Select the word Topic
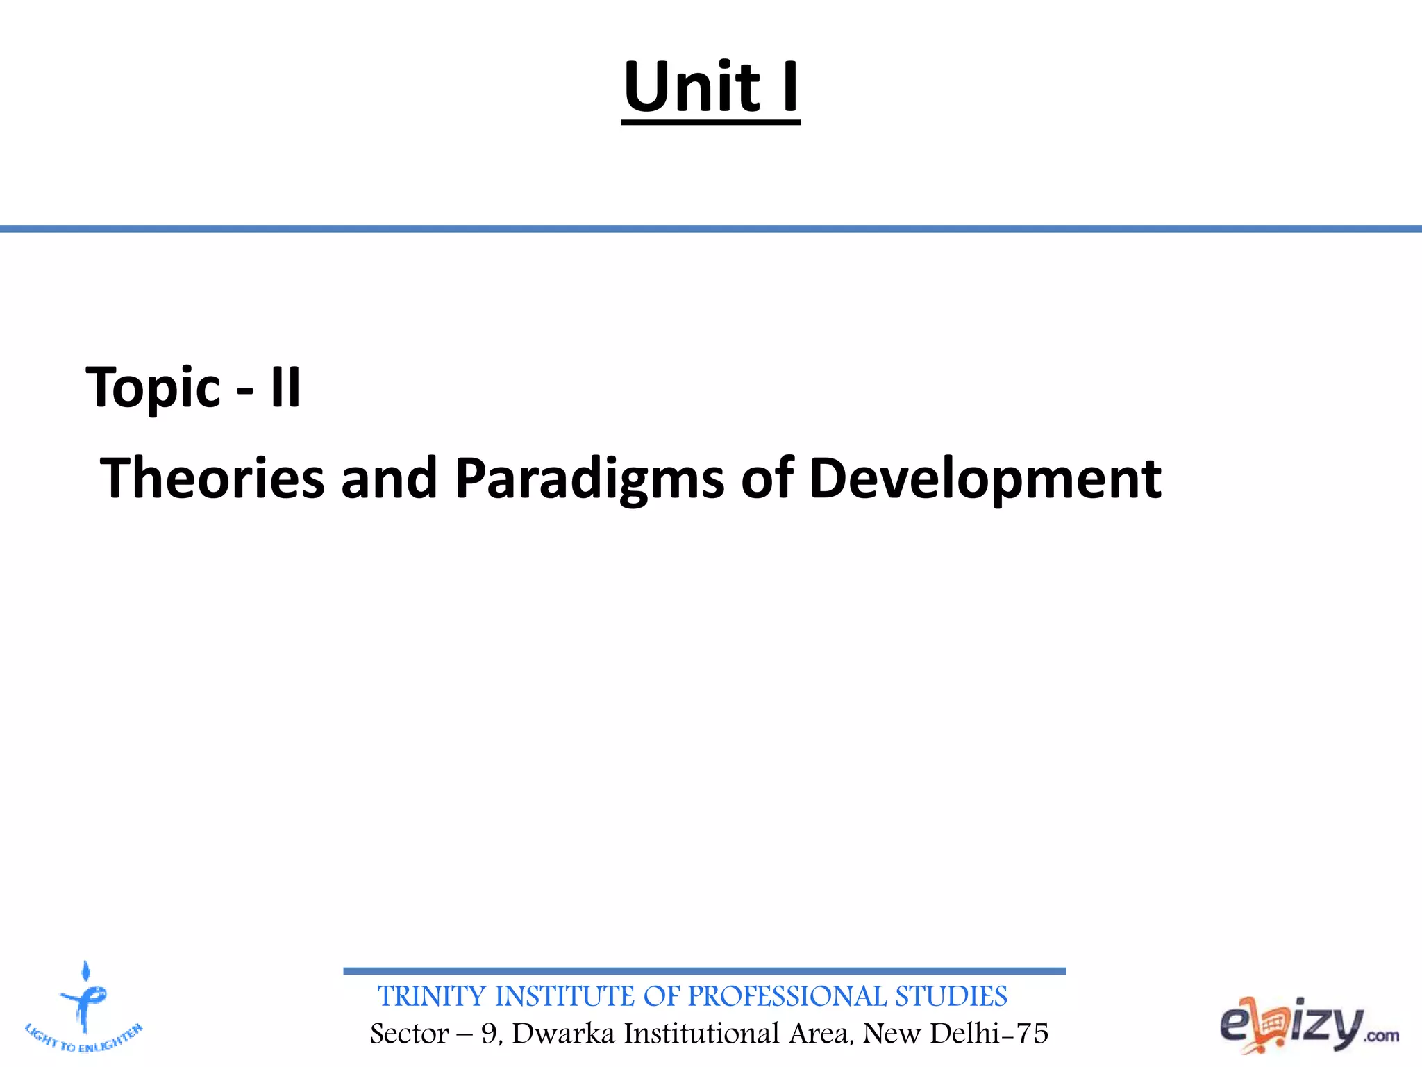coord(153,388)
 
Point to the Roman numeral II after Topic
coord(285,388)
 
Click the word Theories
coord(212,479)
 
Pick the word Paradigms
coord(589,480)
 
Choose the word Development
coord(985,480)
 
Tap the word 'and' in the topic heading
coord(389,479)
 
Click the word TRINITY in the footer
coord(432,997)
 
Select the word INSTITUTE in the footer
coord(564,997)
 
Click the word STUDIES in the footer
coord(951,997)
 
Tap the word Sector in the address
coord(409,1034)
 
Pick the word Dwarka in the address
coord(563,1034)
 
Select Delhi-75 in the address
coord(989,1034)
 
